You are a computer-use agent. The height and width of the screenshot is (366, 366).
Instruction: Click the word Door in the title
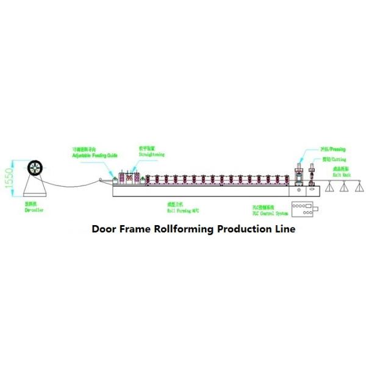(x=106, y=229)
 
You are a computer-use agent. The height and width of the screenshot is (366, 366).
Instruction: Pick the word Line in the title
(x=285, y=229)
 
